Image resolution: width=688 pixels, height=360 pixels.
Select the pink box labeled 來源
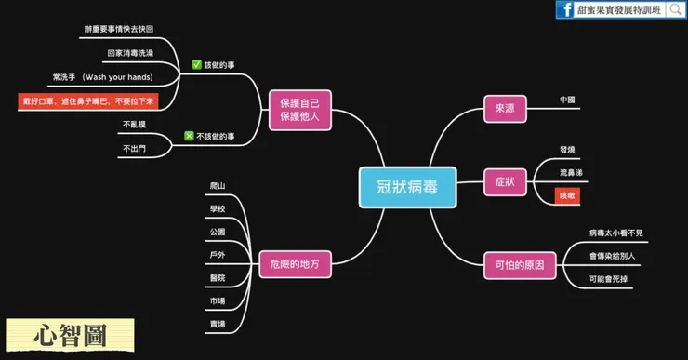pyautogui.click(x=506, y=109)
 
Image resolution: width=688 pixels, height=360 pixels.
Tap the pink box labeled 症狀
pyautogui.click(x=506, y=181)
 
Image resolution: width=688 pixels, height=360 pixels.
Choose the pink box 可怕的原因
pyautogui.click(x=520, y=266)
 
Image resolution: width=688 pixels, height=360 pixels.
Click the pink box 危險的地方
pyautogui.click(x=295, y=263)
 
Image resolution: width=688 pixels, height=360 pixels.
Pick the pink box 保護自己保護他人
pyautogui.click(x=299, y=109)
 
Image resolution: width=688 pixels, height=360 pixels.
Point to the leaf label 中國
pyautogui.click(x=567, y=100)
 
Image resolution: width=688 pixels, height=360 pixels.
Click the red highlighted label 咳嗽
pyautogui.click(x=567, y=196)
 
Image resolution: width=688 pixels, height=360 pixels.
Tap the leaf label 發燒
pyautogui.click(x=567, y=150)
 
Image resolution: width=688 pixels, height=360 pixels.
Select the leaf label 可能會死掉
pyautogui.click(x=609, y=279)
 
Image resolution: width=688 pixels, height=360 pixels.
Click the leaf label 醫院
pyautogui.click(x=218, y=278)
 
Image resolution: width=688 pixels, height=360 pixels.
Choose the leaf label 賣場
pyautogui.click(x=218, y=325)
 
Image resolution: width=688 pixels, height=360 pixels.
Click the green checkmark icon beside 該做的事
pyautogui.click(x=196, y=65)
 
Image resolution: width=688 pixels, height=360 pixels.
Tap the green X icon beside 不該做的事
pyautogui.click(x=189, y=136)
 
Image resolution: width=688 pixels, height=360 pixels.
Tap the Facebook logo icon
pyautogui.click(x=564, y=10)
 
